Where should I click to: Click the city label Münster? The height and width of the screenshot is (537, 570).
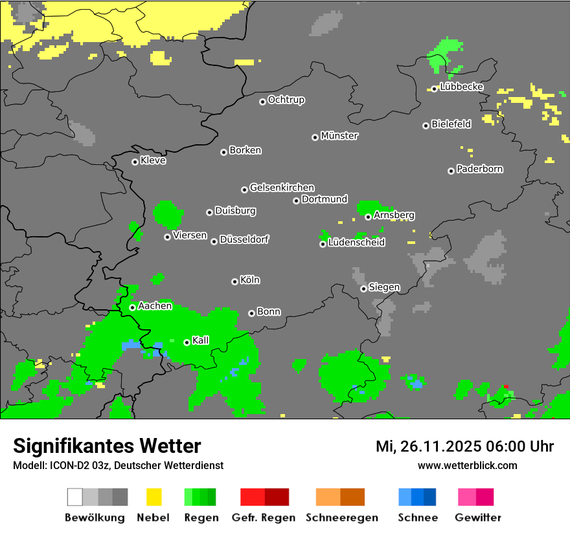point(339,136)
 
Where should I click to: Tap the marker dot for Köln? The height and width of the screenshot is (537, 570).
point(234,281)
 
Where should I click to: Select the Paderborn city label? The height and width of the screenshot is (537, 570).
point(479,169)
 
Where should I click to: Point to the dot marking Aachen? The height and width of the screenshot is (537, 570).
point(132,307)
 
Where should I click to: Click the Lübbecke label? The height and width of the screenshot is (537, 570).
point(461,87)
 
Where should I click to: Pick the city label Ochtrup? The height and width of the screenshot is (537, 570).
point(286,100)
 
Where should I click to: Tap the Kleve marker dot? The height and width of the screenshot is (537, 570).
point(135,162)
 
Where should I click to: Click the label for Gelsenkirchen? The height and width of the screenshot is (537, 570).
point(282,188)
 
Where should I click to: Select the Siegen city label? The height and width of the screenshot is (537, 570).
point(384,287)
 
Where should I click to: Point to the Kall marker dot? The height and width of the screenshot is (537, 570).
point(187,342)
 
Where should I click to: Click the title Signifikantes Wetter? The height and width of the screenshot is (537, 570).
point(107,446)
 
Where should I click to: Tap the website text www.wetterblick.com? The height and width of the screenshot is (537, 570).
point(467,465)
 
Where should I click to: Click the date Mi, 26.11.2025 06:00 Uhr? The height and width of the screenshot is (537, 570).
point(464,446)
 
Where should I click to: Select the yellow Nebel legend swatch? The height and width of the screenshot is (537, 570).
point(154,497)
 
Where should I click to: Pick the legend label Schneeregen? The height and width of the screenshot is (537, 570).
point(341,518)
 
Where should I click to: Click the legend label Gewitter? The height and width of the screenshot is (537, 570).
point(477,518)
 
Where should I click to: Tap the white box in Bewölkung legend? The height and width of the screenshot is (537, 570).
point(74,497)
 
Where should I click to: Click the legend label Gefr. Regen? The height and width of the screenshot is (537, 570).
point(264,518)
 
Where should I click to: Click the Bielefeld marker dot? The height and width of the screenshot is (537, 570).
point(426,126)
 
